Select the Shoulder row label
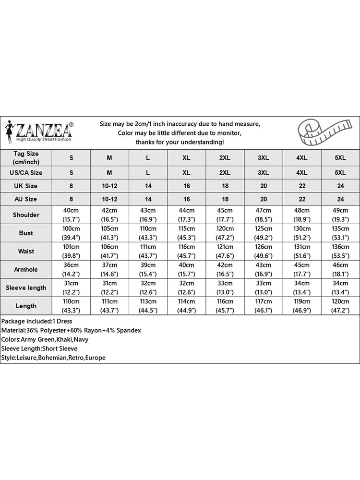pos(26,215)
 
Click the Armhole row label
pos(26,269)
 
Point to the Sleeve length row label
pos(26,288)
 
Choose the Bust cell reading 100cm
pos(72,233)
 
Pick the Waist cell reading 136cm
pos(340,251)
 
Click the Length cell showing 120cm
pos(340,306)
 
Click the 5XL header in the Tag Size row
pos(340,158)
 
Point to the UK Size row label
pos(26,186)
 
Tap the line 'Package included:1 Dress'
pos(36,321)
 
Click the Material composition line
pos(71,330)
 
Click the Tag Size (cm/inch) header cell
pos(26,158)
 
